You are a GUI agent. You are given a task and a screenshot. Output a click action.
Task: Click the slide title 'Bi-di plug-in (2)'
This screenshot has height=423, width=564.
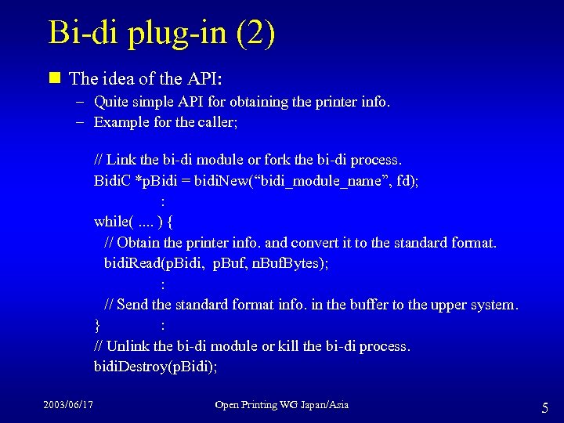161,34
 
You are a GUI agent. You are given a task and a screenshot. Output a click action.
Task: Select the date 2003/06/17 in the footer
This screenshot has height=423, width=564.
67,405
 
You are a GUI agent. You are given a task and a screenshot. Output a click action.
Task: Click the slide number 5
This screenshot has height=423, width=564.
544,407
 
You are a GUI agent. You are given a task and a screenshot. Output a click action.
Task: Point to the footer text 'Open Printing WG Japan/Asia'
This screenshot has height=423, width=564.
281,405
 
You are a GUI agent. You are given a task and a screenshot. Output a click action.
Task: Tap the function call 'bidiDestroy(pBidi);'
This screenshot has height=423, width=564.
156,366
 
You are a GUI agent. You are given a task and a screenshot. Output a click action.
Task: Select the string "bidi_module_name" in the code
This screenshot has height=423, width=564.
322,181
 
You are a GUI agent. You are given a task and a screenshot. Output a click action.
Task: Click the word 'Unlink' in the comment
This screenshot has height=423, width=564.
129,345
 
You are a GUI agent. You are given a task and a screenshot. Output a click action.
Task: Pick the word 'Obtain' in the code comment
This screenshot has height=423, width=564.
138,243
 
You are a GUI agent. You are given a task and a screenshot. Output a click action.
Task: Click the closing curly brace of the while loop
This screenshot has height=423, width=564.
97,325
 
